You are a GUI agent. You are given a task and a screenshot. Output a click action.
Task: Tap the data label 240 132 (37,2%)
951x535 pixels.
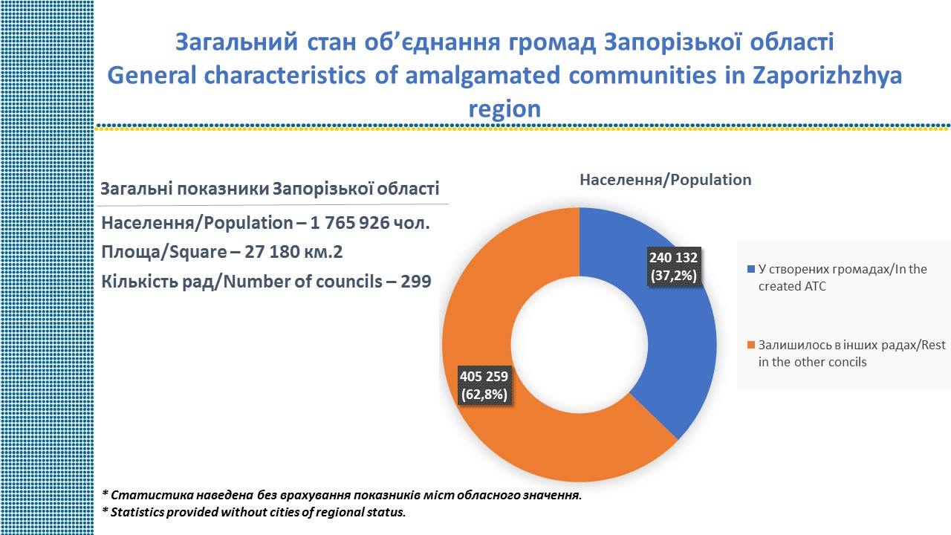[673, 267]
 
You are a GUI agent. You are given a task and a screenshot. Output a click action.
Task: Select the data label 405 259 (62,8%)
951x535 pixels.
[484, 386]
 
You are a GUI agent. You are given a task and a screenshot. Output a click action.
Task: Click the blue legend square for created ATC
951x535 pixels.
[750, 269]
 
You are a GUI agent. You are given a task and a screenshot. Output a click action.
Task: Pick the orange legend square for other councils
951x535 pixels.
[750, 345]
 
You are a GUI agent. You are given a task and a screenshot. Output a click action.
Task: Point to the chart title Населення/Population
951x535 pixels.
[665, 180]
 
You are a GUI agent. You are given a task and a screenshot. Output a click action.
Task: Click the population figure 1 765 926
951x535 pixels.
[349, 222]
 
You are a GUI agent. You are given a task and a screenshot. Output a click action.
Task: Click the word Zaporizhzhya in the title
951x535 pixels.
[827, 76]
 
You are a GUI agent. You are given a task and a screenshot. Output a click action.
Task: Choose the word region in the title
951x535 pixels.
[504, 109]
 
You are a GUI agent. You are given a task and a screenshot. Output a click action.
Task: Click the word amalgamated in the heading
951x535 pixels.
[483, 76]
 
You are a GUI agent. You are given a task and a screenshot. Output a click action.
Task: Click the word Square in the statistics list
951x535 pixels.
[198, 252]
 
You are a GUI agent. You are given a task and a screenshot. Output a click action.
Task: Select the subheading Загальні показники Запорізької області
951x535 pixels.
[270, 189]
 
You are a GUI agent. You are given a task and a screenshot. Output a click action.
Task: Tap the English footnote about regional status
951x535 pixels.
[254, 512]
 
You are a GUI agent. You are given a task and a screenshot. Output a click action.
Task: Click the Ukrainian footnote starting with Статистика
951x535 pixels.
[342, 495]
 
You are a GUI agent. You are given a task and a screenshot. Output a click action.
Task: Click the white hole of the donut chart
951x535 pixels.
[579, 345]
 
